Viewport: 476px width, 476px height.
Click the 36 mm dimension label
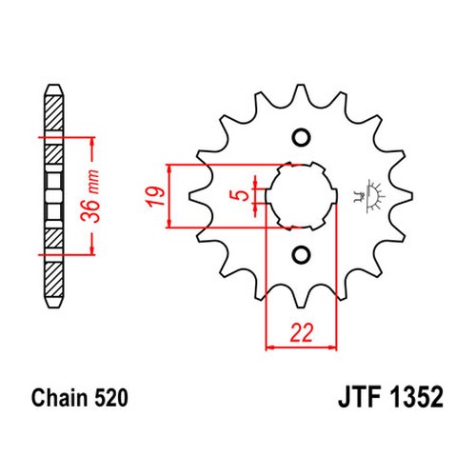coord(90,196)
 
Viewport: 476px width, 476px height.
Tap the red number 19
coord(155,197)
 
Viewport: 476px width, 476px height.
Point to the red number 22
coord(301,333)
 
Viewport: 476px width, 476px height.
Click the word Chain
coord(60,398)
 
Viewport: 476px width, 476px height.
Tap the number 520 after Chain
coord(111,398)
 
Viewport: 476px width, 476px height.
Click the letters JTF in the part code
coord(360,397)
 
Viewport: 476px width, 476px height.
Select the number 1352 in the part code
coord(416,397)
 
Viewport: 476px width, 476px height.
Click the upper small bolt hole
coord(301,138)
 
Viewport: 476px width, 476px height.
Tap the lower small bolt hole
coord(301,254)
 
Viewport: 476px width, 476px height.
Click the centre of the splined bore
coord(301,196)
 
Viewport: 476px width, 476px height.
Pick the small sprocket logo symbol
coord(369,197)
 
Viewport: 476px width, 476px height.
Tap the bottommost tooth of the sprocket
coord(301,300)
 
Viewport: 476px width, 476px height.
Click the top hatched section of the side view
coord(53,112)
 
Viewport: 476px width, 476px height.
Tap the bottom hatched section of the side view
coord(53,280)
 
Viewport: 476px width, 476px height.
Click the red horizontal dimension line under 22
coord(301,348)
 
